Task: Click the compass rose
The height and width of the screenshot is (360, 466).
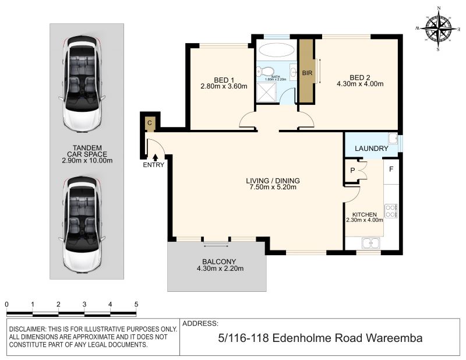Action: [438, 29]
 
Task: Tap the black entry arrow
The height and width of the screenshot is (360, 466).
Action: [155, 157]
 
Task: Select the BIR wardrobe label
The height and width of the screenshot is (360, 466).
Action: [307, 73]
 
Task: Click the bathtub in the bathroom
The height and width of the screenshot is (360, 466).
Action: [276, 50]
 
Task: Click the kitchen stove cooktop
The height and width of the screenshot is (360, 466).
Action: [390, 211]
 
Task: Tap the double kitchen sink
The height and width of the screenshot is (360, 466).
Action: [370, 243]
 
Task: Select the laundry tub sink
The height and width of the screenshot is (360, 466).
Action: [393, 139]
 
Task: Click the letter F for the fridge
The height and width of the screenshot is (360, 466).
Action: [391, 169]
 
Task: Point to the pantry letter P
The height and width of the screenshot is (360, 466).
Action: [352, 170]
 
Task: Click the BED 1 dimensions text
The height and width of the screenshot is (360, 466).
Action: [224, 87]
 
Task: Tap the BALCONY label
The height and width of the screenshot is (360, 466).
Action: [219, 262]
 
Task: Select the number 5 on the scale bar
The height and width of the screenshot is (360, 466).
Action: [136, 304]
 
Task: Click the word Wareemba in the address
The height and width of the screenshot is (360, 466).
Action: [394, 338]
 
